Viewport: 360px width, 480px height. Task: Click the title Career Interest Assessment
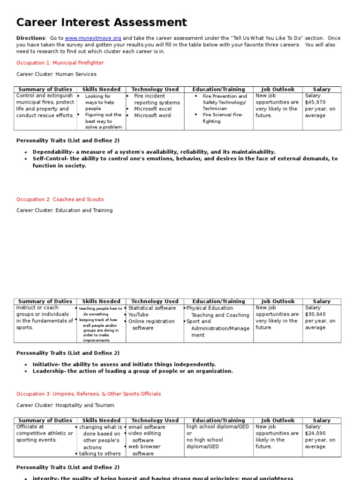(102, 22)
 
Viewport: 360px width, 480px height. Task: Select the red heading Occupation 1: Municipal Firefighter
(60, 63)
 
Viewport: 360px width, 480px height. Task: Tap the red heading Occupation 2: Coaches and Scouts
(60, 199)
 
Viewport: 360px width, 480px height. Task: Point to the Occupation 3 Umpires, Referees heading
(88, 394)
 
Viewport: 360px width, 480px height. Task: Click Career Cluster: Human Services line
(56, 74)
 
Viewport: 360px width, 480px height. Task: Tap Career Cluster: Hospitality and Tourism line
(65, 405)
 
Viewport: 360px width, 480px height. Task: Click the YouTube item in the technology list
(138, 315)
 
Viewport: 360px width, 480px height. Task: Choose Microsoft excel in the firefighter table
(153, 109)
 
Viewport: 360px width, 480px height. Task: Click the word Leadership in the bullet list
(48, 371)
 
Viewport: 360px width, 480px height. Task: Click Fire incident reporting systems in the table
(156, 99)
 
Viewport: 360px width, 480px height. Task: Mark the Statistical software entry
(152, 308)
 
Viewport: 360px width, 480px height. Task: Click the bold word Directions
(30, 38)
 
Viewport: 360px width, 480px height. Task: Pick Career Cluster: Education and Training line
(65, 210)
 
